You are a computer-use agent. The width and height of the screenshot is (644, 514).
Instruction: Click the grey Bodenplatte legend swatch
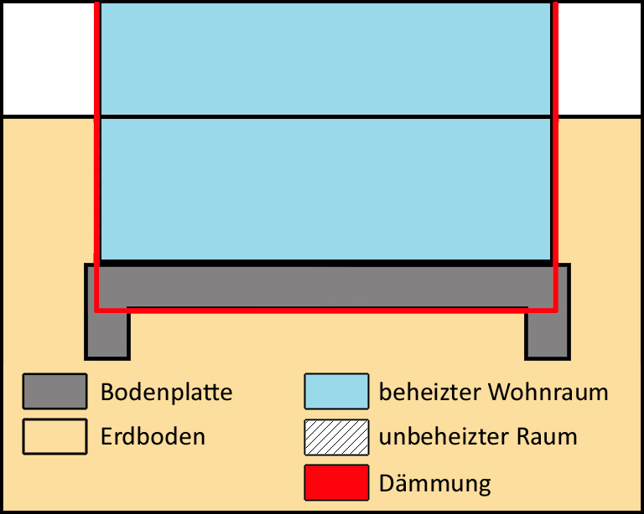tap(55, 391)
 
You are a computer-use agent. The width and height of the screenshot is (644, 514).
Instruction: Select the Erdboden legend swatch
tap(55, 436)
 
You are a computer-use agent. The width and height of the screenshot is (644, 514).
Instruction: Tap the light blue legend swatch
tap(336, 391)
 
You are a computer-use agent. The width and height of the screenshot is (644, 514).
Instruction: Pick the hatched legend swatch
tap(336, 437)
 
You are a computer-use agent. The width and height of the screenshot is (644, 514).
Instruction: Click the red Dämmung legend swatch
tap(336, 482)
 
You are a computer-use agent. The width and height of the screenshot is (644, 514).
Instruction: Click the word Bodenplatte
tap(166, 393)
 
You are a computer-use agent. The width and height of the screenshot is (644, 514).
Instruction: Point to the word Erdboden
tap(153, 436)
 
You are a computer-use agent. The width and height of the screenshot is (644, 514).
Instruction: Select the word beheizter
tap(429, 392)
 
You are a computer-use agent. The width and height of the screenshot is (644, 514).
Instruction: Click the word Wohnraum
tap(548, 393)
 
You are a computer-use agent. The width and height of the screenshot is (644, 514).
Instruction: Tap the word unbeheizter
tap(444, 436)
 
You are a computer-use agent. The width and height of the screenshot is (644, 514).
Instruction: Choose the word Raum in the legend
tap(547, 436)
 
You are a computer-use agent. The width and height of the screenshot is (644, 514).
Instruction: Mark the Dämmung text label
tap(434, 484)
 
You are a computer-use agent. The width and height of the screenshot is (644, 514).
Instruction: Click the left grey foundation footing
tap(107, 333)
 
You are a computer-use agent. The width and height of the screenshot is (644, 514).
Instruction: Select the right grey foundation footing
tap(548, 333)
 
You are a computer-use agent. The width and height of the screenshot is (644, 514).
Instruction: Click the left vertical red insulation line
tap(97, 157)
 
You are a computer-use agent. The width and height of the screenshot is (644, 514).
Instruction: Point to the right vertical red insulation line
tap(555, 157)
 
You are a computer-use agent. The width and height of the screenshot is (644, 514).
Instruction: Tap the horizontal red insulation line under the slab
tap(326, 311)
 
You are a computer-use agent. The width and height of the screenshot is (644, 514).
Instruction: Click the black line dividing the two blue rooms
tap(325, 117)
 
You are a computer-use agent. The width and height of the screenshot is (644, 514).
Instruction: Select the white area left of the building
tap(49, 59)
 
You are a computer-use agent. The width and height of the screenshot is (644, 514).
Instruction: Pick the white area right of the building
tap(600, 59)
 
